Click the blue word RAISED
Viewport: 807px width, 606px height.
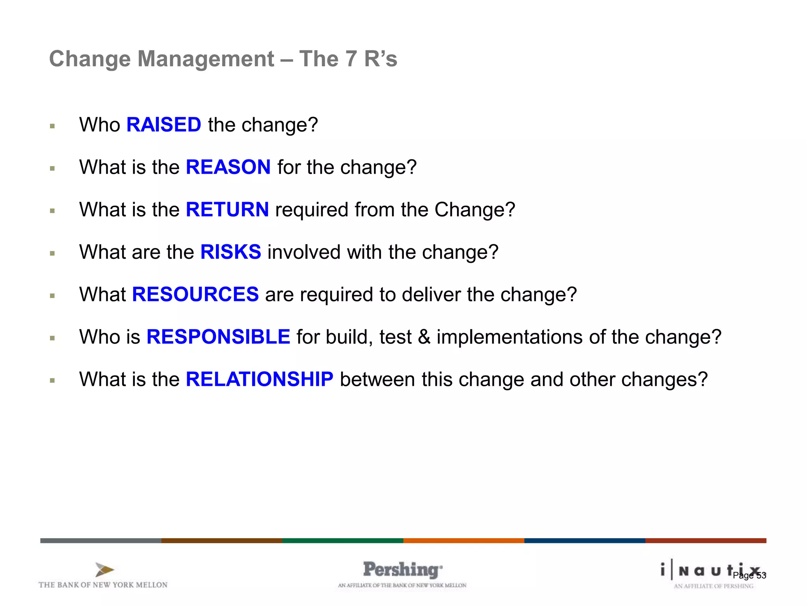click(164, 125)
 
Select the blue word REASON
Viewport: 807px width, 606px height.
click(228, 167)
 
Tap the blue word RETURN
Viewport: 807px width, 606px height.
click(227, 209)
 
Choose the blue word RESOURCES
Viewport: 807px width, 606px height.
click(195, 294)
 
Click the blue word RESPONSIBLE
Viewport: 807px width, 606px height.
click(218, 337)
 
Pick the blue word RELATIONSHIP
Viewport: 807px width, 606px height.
click(259, 379)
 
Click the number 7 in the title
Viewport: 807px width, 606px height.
click(351, 59)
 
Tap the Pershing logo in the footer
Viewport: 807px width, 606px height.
click(402, 570)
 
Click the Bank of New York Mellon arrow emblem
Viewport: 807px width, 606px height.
click(104, 570)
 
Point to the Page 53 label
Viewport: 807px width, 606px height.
click(749, 575)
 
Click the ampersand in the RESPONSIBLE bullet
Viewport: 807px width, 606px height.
click(424, 337)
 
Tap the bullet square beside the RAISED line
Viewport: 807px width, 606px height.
click(52, 126)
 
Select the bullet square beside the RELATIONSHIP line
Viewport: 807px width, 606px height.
click(52, 381)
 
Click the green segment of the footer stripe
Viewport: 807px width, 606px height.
click(342, 541)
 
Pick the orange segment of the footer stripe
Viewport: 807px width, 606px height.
click(463, 541)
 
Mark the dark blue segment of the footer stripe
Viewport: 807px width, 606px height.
click(584, 541)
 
